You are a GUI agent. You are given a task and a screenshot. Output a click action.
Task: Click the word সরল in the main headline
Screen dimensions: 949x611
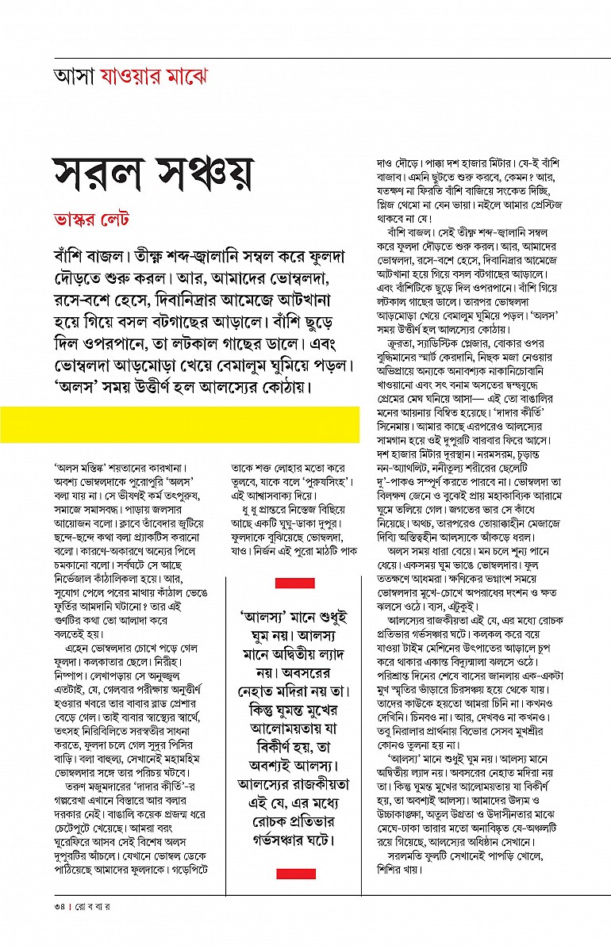(x=98, y=170)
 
